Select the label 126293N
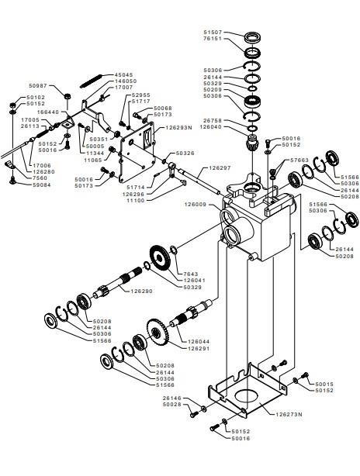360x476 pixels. coord(178,128)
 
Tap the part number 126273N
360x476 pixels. coord(289,415)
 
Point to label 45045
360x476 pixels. coord(123,74)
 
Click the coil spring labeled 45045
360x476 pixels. coord(91,81)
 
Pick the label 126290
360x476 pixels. coord(141,291)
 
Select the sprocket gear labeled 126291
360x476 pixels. coord(157,332)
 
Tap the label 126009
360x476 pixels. coord(196,205)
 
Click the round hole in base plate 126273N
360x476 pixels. coord(247,396)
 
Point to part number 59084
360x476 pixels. coord(42,185)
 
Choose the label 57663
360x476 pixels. coord(299,160)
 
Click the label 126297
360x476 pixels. coord(220,168)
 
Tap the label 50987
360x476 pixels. coord(38,85)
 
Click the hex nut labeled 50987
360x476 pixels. coord(67,96)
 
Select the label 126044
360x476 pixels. coord(199,342)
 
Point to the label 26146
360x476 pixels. coord(171,398)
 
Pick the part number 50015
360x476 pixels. coord(324,384)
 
